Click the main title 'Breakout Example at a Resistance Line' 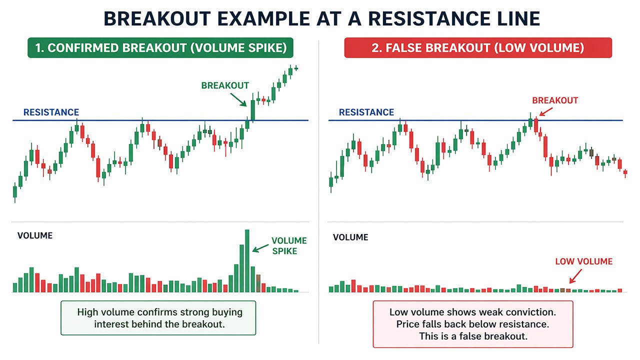[x=321, y=19]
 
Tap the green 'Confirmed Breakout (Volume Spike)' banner [x=160, y=48]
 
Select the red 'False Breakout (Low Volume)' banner [x=477, y=48]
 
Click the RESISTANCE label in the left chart [x=51, y=112]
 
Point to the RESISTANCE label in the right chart [x=366, y=112]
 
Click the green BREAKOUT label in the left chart [x=225, y=85]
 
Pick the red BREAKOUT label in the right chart [x=555, y=100]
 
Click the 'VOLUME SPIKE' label [x=289, y=246]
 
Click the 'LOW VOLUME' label [x=583, y=261]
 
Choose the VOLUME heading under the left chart [x=35, y=235]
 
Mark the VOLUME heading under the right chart [x=350, y=237]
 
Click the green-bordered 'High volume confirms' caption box [x=158, y=318]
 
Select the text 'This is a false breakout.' [x=472, y=336]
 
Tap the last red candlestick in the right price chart [x=625, y=172]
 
